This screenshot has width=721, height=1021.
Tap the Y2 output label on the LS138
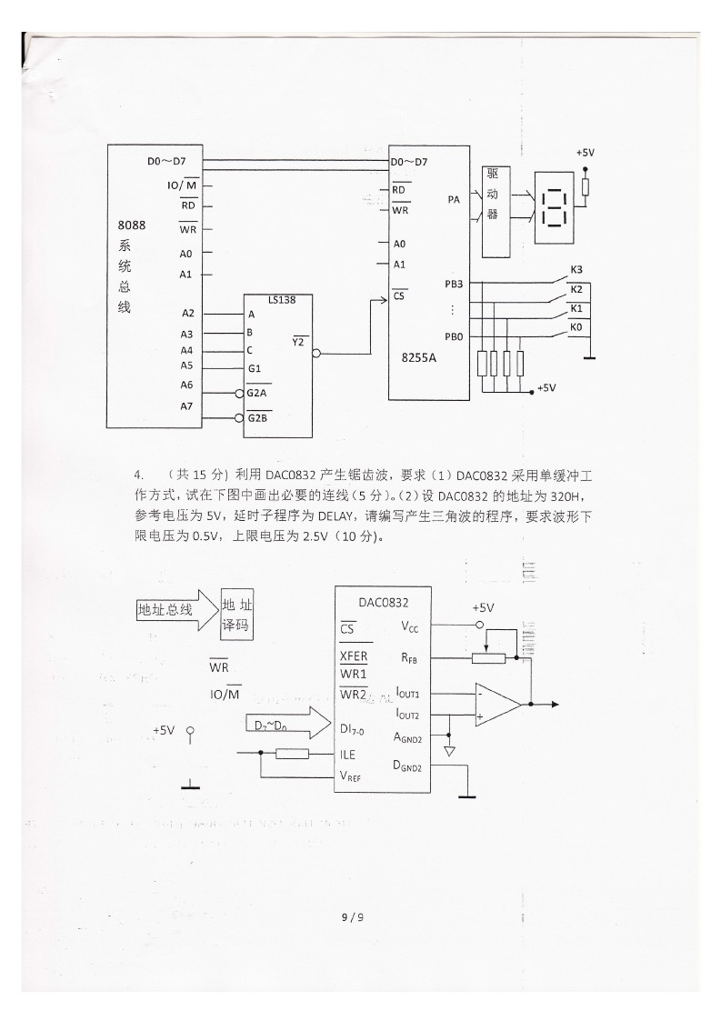coord(299,342)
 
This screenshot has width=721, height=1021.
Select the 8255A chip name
coord(418,358)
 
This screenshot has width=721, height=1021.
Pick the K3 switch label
coord(576,269)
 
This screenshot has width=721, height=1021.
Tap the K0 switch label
coord(576,325)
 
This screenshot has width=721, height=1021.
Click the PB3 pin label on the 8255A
coord(454,284)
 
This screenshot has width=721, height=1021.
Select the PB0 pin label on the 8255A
coord(454,335)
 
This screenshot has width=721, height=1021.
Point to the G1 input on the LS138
coord(255,369)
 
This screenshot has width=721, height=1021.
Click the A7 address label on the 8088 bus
coord(186,405)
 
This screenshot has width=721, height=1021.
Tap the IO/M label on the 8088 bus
coord(181,185)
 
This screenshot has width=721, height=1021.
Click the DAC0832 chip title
coord(383,602)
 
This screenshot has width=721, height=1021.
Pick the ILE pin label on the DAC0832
coord(347,755)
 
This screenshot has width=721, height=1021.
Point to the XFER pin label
coord(354,656)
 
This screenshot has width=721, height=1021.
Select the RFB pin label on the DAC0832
coord(408,656)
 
